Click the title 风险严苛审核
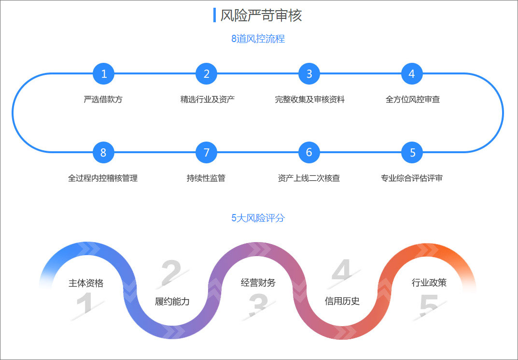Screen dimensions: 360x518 (261, 15)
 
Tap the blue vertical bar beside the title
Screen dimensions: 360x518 (214, 15)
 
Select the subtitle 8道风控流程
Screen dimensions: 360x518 (258, 39)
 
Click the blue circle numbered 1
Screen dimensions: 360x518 (103, 74)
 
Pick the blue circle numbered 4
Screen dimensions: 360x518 (412, 74)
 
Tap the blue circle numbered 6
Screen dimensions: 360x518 (309, 153)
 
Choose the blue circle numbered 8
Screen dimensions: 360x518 (103, 153)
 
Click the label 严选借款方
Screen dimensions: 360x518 (103, 100)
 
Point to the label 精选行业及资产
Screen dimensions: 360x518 (208, 100)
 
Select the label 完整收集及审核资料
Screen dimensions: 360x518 (309, 100)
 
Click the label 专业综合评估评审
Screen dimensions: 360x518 (412, 178)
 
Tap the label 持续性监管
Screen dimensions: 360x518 (206, 178)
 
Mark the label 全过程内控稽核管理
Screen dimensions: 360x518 (103, 178)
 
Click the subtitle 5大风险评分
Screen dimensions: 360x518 (258, 218)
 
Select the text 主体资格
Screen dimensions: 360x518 (86, 283)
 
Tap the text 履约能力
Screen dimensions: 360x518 (172, 302)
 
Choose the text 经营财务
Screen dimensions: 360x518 (258, 283)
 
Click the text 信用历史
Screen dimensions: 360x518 (342, 301)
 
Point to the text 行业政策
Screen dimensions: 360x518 (429, 283)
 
